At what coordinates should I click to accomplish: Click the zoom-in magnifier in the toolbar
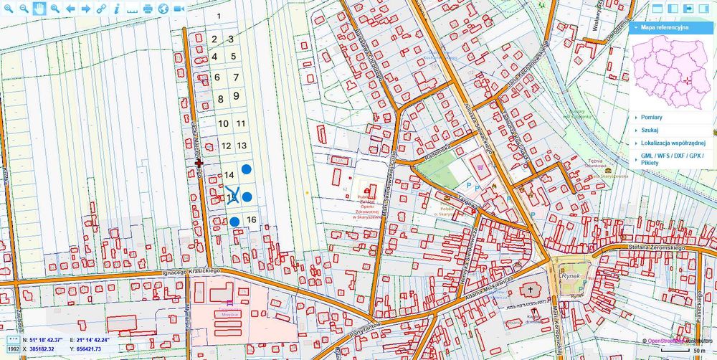click(x=8, y=9)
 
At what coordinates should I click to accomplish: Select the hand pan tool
click(x=39, y=9)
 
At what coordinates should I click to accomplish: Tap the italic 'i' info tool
click(x=115, y=9)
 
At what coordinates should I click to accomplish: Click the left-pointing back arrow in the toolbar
click(x=70, y=9)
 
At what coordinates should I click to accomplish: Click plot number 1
click(x=218, y=15)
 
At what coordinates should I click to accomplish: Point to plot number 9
click(x=236, y=96)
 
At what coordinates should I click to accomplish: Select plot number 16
click(x=251, y=219)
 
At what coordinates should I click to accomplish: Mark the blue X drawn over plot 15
click(x=232, y=196)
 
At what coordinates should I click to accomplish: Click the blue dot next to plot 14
click(x=247, y=169)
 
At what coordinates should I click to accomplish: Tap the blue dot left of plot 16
click(x=234, y=221)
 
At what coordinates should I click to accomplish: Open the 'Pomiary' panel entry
click(x=652, y=117)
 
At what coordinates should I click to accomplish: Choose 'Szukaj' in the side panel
click(x=650, y=130)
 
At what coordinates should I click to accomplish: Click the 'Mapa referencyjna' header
click(x=665, y=27)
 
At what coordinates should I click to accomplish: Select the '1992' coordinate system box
click(x=14, y=349)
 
